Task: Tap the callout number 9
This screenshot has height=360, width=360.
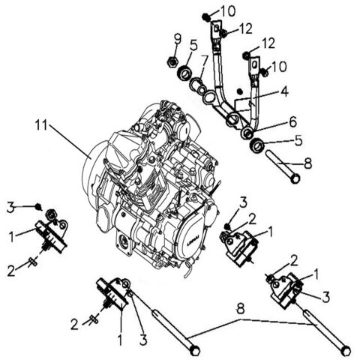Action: pyautogui.click(x=177, y=38)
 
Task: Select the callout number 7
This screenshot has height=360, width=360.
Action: pyautogui.click(x=204, y=59)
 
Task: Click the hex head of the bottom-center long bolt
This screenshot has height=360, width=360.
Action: pyautogui.click(x=195, y=350)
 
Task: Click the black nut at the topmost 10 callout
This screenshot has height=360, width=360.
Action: pyautogui.click(x=207, y=16)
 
